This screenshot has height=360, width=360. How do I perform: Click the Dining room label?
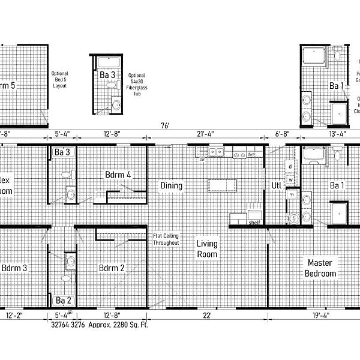171,185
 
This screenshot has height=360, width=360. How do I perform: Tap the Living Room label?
207,249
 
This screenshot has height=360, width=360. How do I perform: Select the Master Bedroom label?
321,268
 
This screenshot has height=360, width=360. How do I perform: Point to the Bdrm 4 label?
118,175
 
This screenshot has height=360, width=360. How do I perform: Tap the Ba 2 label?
64,300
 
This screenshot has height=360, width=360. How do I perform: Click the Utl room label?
277,185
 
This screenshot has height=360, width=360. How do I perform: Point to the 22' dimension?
207,316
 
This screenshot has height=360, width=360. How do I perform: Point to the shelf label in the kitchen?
254,223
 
